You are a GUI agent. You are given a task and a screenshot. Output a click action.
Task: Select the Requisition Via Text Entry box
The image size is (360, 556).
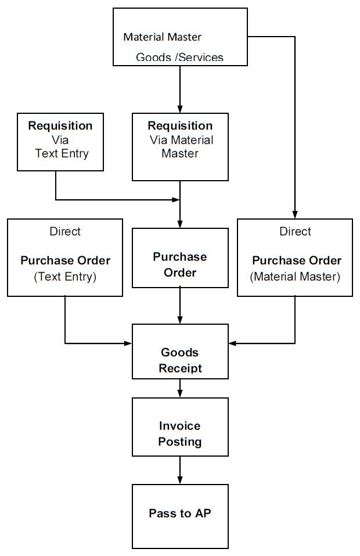coord(60,142)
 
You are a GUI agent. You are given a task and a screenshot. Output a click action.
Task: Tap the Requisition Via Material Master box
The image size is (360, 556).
coord(180,146)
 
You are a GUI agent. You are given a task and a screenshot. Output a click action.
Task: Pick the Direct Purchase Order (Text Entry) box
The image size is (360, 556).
coord(65,257)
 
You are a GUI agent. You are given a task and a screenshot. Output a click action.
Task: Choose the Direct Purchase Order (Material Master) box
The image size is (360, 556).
coord(295,257)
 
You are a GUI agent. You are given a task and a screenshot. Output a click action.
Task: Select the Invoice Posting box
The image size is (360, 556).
coord(180,427)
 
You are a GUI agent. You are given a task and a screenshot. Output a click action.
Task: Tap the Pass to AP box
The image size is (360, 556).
coord(180,514)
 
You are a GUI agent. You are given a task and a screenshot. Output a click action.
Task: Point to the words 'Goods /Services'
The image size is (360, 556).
coord(179,58)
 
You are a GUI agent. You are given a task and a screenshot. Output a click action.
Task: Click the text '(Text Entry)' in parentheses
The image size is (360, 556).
coord(65,277)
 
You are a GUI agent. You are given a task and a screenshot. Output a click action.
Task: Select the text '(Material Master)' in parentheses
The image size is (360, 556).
coord(295,277)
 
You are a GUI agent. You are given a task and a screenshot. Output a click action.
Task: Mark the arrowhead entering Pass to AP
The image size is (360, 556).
coord(180,482)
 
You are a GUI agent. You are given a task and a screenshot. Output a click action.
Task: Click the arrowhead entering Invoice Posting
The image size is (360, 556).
coord(180,394)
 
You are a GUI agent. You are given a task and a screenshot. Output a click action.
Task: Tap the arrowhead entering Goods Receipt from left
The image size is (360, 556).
coord(129,343)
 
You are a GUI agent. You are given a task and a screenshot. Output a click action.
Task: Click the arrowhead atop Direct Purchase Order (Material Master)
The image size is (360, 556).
coord(295,214)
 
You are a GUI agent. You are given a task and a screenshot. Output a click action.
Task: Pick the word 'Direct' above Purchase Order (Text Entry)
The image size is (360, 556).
coord(65,231)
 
